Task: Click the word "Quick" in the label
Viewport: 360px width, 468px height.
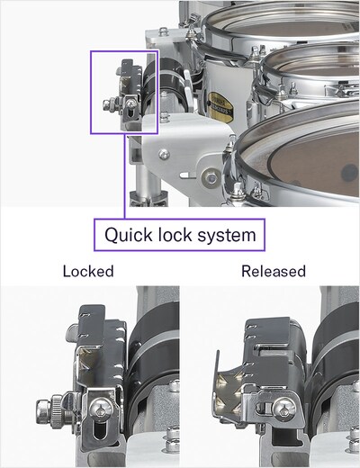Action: [130, 237]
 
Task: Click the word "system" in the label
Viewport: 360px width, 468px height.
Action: [230, 237]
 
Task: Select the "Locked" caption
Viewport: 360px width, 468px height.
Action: [88, 271]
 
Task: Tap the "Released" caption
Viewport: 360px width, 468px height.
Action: [273, 271]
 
